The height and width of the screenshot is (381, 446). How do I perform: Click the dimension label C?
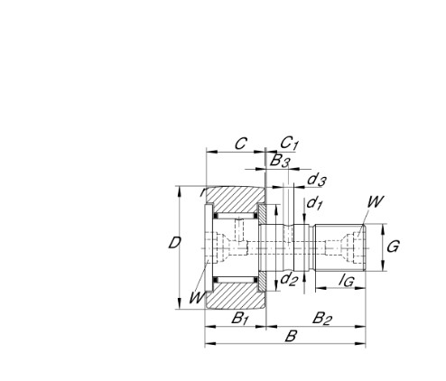click(241, 143)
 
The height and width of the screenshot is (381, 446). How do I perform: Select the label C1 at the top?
click(289, 143)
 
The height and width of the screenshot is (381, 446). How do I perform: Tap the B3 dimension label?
click(280, 163)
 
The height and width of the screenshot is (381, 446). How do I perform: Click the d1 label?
click(314, 203)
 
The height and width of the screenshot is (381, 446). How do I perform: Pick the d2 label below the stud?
click(289, 279)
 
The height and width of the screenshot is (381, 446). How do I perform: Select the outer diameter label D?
click(177, 242)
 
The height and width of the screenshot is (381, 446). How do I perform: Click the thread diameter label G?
click(394, 246)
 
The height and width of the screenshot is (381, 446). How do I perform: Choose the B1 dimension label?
click(240, 317)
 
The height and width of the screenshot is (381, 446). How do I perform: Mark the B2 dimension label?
click(321, 317)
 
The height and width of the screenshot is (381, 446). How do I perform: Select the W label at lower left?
click(196, 298)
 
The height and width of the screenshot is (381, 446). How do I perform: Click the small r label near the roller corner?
click(202, 192)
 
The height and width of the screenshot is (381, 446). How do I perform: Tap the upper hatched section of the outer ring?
click(233, 200)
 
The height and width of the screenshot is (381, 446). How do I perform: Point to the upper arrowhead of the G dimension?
click(385, 227)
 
